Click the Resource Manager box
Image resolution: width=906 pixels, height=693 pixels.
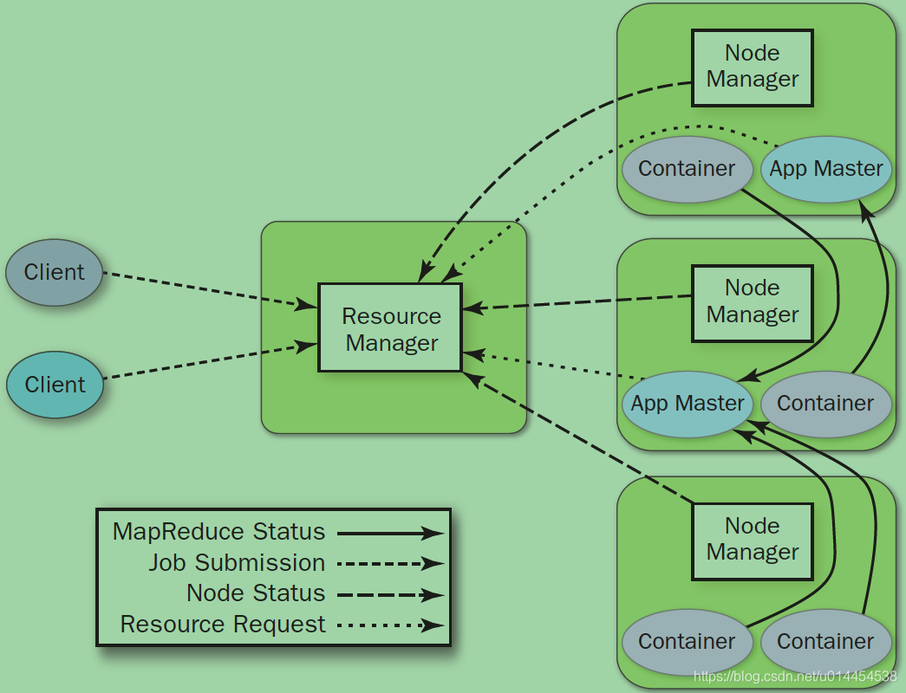click(390, 327)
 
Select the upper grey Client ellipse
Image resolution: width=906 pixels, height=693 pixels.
click(54, 272)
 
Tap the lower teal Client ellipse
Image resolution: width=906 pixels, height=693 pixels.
click(55, 385)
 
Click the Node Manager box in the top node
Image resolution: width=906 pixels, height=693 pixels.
click(752, 68)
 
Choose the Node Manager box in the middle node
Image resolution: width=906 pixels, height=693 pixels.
click(752, 302)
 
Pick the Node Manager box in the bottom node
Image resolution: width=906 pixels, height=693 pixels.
click(752, 541)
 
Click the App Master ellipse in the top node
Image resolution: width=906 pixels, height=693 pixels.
click(825, 169)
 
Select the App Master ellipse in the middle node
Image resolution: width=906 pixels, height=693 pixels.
click(687, 404)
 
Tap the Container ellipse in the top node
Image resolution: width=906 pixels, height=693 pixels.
click(686, 169)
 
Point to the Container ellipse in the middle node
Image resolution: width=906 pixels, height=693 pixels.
click(825, 404)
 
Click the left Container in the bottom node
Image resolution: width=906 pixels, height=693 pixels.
click(686, 642)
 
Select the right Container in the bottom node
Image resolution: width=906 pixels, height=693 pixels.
click(825, 642)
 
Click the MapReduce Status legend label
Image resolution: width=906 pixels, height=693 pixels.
click(218, 532)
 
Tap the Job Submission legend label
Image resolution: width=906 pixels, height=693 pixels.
click(237, 563)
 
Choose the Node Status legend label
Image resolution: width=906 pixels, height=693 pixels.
click(256, 593)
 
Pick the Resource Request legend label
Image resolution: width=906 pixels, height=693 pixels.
click(223, 625)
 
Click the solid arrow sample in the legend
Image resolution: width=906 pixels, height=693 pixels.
click(390, 534)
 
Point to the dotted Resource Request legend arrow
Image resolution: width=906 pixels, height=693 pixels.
click(390, 625)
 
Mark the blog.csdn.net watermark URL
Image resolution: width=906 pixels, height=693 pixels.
click(795, 676)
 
